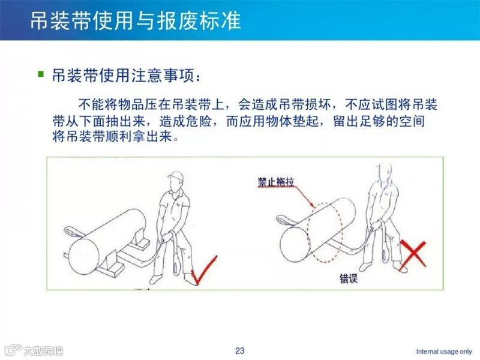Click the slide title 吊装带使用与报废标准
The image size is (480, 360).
click(135, 20)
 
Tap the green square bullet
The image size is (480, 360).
click(41, 74)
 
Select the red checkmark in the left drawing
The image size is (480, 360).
click(202, 270)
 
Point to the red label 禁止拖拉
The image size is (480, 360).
click(277, 181)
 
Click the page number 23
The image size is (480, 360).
click(240, 350)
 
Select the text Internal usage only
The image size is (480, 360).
click(444, 351)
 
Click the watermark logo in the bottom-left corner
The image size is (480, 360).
click(33, 350)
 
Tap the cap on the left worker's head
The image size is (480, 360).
click(176, 178)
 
